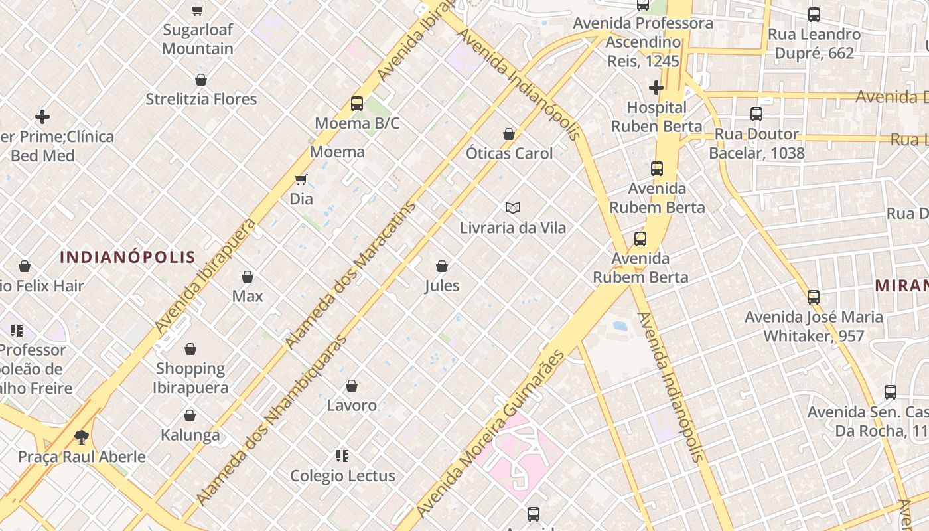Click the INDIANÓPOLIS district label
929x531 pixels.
127,257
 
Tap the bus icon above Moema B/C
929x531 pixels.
357,104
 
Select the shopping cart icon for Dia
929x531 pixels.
301,179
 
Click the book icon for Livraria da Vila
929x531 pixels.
513,208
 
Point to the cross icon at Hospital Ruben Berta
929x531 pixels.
656,88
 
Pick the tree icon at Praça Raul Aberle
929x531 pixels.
82,437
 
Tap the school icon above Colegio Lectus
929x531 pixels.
342,456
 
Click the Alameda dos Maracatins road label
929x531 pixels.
351,275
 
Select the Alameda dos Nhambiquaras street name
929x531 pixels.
272,419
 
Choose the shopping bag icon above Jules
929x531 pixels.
442,266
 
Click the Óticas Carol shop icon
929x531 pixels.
509,134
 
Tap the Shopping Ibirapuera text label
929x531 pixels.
190,378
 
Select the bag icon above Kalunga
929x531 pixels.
190,416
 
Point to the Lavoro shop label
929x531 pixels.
352,405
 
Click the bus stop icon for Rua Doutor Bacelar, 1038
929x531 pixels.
756,114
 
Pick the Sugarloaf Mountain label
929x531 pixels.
198,39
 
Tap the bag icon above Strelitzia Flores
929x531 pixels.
201,80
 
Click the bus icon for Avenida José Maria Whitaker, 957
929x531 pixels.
814,297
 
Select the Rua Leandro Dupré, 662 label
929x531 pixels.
814,43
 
